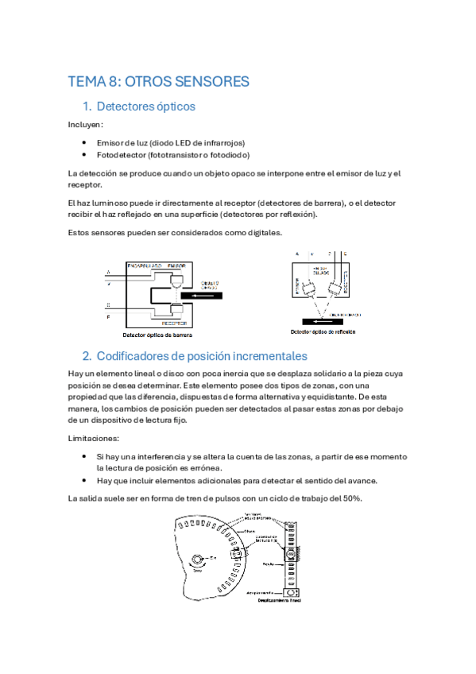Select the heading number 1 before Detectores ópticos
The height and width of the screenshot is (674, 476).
[87, 106]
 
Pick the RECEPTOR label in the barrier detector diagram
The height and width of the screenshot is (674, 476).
[174, 324]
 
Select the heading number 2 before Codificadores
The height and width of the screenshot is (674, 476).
[87, 355]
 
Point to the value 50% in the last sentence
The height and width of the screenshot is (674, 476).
[351, 498]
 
